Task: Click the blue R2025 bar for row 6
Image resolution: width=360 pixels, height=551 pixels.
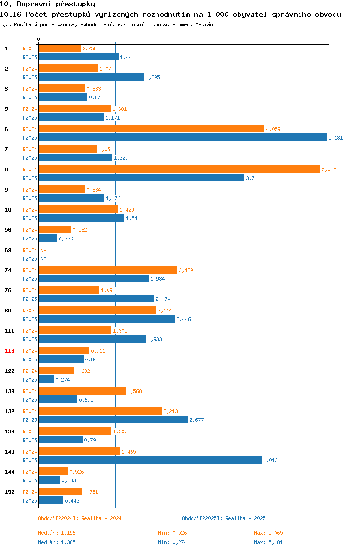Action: coord(183,138)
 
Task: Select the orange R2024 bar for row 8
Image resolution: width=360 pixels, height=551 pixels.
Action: coord(180,169)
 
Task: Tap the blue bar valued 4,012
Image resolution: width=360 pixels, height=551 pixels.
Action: coord(150,460)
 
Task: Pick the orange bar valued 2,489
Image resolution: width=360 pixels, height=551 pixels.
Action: coord(108,270)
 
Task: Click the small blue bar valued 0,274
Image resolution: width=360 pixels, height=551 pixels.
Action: coord(47,380)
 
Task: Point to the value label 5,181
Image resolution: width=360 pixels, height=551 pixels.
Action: coord(336,138)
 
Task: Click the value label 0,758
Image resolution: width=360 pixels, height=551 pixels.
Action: coord(89,48)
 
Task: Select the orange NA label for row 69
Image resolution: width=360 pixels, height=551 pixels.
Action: coord(43,250)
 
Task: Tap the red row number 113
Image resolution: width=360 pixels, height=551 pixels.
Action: coord(10,351)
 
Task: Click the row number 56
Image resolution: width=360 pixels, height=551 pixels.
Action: coord(8,230)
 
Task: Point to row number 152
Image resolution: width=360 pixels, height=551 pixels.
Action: coord(10,492)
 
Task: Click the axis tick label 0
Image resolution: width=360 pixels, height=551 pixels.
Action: coord(39,39)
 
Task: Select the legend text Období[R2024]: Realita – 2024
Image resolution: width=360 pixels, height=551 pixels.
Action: coord(80,518)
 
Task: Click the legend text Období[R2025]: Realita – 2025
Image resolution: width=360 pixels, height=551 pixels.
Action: coord(224,518)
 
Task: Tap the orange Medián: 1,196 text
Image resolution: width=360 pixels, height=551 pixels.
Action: coord(57,533)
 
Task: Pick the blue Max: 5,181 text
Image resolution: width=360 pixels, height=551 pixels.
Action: coord(268,542)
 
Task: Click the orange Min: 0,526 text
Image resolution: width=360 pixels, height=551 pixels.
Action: coord(172,533)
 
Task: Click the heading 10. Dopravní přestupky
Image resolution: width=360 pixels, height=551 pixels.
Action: coord(48,4)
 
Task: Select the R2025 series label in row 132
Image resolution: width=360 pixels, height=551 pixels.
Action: coord(30,420)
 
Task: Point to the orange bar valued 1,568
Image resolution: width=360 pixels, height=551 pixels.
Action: coord(82,391)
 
